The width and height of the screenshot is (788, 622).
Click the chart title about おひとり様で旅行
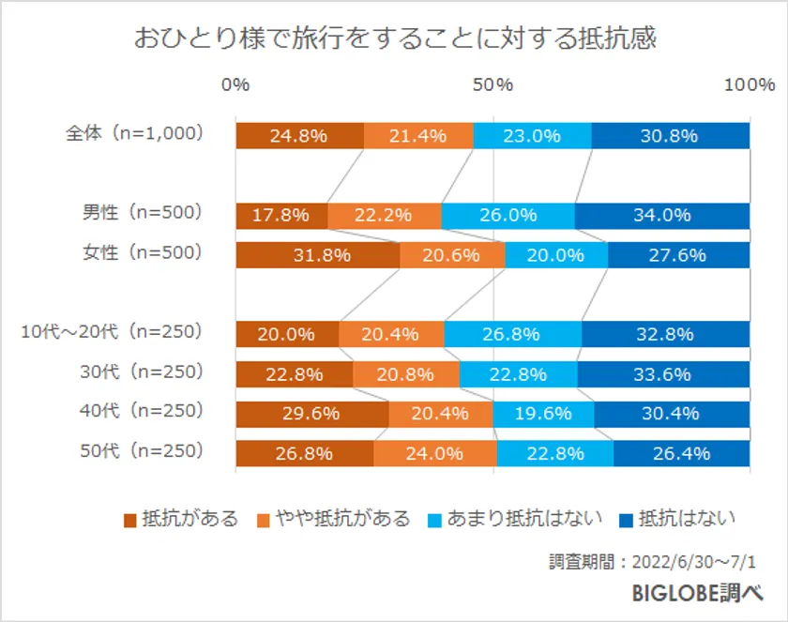[394, 38]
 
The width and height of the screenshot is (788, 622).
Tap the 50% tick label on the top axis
[492, 85]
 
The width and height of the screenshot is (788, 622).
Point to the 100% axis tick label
[749, 85]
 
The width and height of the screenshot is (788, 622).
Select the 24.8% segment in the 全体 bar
[299, 135]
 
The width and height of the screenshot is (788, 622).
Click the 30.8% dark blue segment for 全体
[670, 135]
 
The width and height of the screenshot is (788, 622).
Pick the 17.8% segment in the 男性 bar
[280, 215]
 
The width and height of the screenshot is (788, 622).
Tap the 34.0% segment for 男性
[662, 215]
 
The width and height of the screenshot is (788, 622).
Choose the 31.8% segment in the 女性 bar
[317, 255]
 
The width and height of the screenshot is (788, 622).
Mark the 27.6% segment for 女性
[678, 255]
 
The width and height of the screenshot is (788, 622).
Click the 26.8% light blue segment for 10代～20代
[512, 334]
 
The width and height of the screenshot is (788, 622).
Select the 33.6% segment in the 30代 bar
[663, 374]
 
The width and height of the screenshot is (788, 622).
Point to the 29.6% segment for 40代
[311, 414]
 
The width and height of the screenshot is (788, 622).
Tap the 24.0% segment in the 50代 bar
[434, 453]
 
